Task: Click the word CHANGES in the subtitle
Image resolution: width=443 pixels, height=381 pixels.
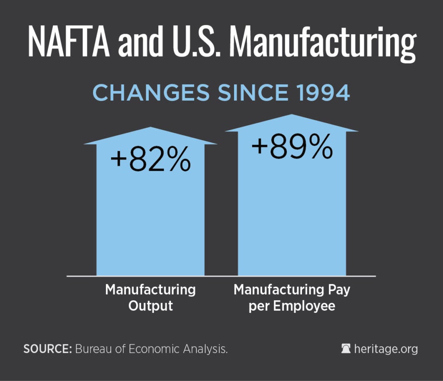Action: click(145, 93)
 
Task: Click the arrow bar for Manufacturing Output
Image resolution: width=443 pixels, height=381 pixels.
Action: click(150, 216)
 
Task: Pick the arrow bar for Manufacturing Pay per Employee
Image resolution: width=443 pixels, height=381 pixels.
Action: click(292, 216)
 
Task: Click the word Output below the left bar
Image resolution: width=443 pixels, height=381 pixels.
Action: click(151, 306)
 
